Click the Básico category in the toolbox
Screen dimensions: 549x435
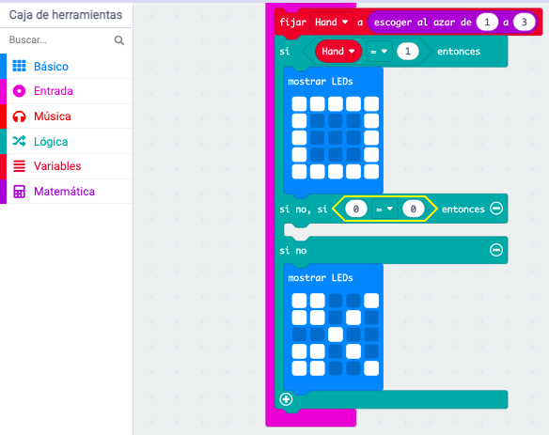51,66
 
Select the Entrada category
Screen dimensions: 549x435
54,91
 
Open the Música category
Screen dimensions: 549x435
52,117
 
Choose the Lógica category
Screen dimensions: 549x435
51,141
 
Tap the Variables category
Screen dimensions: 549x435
57,166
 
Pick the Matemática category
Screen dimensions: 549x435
64,192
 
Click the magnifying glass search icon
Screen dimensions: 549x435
119,40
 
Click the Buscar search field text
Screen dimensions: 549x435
28,39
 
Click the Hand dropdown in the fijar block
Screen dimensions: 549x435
331,23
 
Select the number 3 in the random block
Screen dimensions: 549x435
525,23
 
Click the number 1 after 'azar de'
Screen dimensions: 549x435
487,23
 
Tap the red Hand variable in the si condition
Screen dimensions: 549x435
338,52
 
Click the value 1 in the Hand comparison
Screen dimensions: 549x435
408,52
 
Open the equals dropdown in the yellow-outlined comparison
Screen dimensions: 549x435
384,210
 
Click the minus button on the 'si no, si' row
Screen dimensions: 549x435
496,209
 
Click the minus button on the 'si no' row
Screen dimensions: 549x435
496,250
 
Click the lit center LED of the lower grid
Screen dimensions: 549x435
336,334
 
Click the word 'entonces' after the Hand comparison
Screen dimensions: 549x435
459,52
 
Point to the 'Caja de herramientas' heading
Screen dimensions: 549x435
66,15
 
